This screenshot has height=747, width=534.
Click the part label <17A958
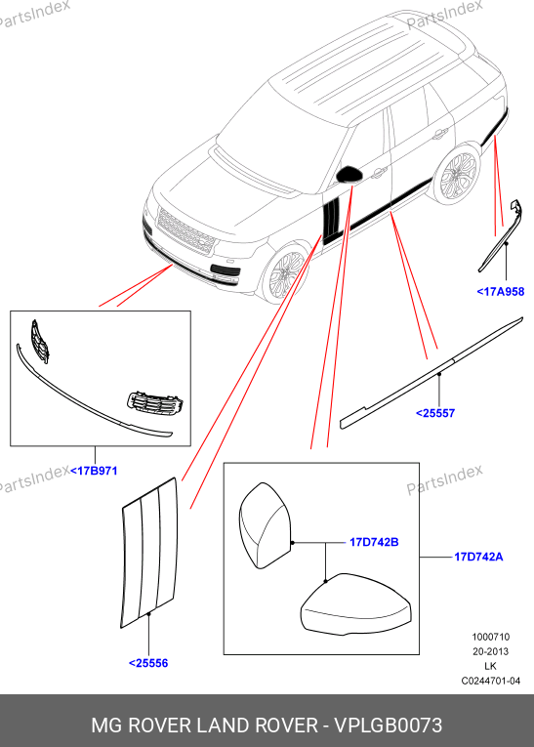[x=500, y=292]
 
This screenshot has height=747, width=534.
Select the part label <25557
[x=435, y=413]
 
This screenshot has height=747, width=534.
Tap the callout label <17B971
[x=94, y=471]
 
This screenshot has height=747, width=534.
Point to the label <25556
[x=148, y=663]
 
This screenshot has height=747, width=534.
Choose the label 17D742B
[x=374, y=542]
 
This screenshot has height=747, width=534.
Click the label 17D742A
[x=478, y=557]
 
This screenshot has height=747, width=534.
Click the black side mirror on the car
[x=349, y=175]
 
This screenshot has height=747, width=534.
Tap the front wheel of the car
[x=286, y=275]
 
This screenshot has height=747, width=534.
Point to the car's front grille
[x=185, y=232]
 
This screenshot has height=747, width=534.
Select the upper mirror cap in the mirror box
[x=266, y=525]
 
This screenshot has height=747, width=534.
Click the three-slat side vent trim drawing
[x=149, y=551]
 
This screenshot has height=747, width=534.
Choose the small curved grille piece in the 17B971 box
[x=40, y=341]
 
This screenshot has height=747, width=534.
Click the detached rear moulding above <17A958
[x=500, y=236]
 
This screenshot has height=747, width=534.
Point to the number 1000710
[x=491, y=637]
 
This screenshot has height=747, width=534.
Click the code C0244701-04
[x=491, y=681]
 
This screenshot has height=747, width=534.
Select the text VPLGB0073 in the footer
[x=389, y=726]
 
